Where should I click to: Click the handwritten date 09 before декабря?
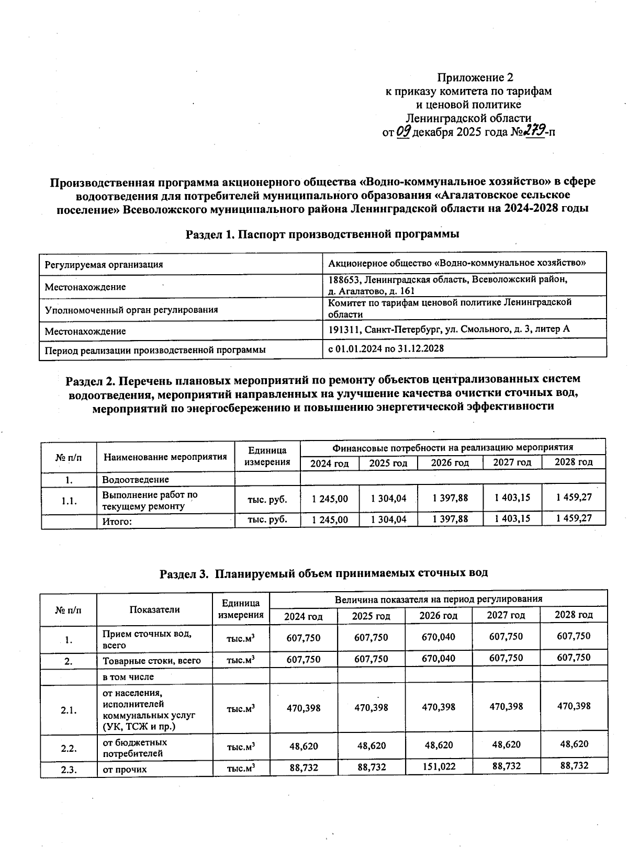click(x=404, y=132)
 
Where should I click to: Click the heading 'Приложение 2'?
click(x=475, y=77)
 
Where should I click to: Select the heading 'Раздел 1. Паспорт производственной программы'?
click(x=322, y=234)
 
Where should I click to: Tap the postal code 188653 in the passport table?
click(x=344, y=279)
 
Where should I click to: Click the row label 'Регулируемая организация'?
click(x=104, y=265)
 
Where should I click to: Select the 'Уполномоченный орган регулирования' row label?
click(x=131, y=310)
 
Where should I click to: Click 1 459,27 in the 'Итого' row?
click(x=574, y=518)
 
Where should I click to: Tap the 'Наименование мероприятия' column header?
click(x=165, y=457)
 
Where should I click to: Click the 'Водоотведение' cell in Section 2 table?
click(x=136, y=480)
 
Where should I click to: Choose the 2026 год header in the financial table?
click(x=450, y=462)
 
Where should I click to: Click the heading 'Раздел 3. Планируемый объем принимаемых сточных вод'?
click(x=323, y=573)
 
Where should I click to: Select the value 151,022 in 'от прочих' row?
click(x=439, y=766)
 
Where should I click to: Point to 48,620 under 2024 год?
click(x=304, y=746)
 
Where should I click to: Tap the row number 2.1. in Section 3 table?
click(x=69, y=710)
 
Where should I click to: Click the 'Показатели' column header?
click(x=154, y=609)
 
